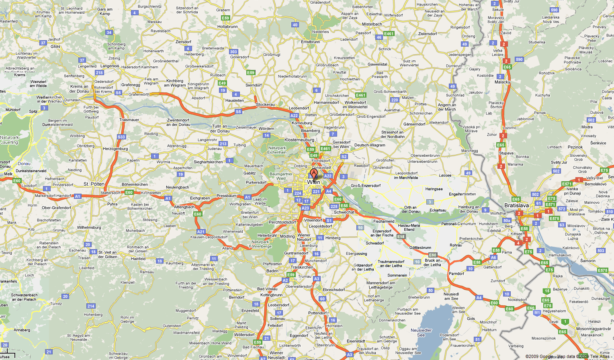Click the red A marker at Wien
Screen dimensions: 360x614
(313, 173)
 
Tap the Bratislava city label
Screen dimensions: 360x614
(516, 205)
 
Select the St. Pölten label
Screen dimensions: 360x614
(94, 184)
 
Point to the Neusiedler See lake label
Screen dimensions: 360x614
(421, 333)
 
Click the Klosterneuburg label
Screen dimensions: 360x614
(299, 140)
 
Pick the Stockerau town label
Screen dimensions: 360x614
(265, 104)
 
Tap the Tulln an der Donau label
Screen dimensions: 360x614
(219, 129)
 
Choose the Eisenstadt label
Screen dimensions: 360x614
(356, 341)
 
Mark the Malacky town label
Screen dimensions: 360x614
(502, 82)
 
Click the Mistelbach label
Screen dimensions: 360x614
(372, 24)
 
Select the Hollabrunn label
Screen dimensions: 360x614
(227, 27)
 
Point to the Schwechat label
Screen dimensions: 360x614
(344, 212)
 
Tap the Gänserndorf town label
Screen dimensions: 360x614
(414, 124)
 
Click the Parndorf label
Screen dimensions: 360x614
(456, 274)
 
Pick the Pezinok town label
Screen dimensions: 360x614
(575, 147)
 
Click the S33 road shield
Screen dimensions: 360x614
(121, 137)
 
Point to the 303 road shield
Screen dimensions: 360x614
(233, 52)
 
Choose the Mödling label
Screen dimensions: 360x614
(287, 236)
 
